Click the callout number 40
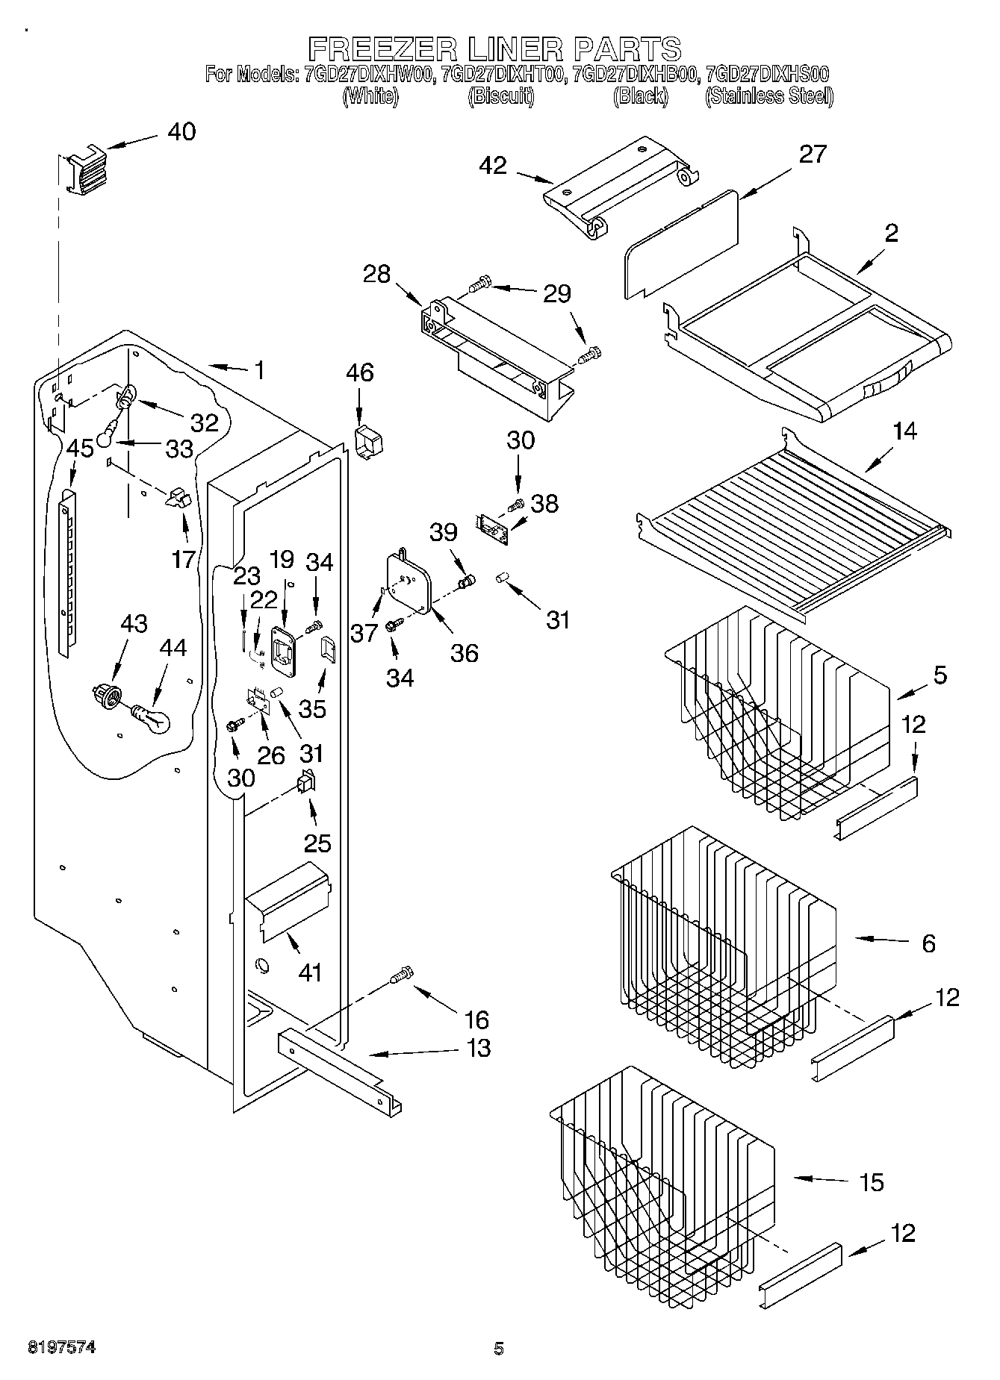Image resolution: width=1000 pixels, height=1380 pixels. click(181, 132)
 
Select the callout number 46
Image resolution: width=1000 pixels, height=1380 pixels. click(359, 372)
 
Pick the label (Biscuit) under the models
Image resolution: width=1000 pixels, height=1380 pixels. click(500, 96)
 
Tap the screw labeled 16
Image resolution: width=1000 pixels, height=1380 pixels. click(401, 975)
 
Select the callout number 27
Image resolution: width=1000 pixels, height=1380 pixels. click(813, 154)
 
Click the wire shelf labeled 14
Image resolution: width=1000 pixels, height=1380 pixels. click(792, 522)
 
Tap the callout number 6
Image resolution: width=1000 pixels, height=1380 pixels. click(928, 943)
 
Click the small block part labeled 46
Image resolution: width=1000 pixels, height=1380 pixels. click(368, 442)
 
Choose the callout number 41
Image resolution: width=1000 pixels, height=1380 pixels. click(310, 972)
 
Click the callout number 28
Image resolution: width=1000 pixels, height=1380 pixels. click(376, 274)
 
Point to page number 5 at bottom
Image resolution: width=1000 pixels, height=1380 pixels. click(499, 1348)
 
